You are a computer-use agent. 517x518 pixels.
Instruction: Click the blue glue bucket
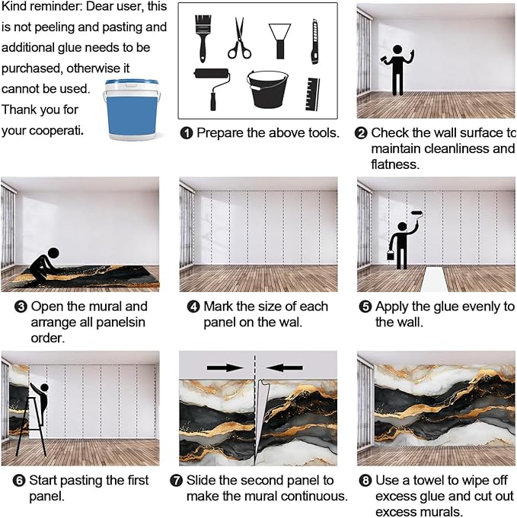132,110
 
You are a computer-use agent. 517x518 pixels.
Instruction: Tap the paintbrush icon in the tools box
203,38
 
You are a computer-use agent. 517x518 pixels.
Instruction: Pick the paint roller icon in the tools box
212,88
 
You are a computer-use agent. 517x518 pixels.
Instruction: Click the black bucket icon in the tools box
267,90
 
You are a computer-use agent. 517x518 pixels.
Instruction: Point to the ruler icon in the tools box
312,94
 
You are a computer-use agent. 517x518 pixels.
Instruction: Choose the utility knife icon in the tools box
314,42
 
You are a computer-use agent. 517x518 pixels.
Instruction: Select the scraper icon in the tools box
280,41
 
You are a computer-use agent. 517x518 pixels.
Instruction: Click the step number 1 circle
187,133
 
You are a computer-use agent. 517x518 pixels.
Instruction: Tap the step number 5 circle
365,307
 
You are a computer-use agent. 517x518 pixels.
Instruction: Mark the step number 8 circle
365,480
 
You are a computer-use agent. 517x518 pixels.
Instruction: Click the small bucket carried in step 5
391,255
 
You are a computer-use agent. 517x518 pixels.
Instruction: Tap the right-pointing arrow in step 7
225,367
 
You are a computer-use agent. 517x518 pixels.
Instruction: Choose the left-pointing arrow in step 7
284,367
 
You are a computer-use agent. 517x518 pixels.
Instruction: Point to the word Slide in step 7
200,480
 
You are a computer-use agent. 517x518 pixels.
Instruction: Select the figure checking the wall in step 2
397,70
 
